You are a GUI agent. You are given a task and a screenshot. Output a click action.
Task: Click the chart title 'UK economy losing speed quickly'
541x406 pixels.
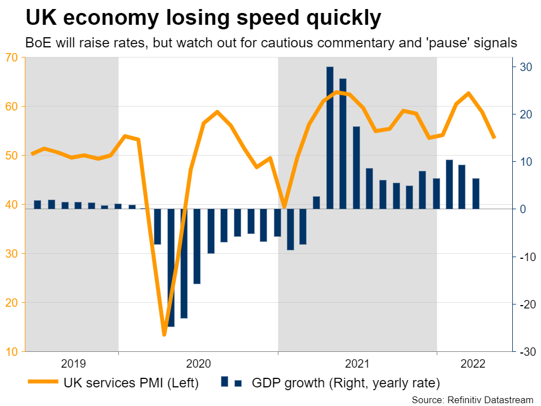coord(203,19)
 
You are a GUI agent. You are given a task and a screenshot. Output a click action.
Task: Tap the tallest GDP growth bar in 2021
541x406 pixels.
coord(330,138)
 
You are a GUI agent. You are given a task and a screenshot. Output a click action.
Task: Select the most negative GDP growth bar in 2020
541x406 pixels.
coord(171,267)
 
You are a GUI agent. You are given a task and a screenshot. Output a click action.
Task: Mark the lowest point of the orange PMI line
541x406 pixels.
coord(165,334)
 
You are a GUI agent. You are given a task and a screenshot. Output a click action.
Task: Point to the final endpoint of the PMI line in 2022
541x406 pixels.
coord(494,137)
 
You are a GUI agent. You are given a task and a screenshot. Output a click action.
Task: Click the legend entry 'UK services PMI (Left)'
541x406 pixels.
coord(131,383)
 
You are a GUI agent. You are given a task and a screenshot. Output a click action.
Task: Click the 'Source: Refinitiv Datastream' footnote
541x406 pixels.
coord(472,399)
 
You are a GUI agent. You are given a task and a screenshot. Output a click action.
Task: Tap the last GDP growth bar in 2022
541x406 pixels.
coord(476,193)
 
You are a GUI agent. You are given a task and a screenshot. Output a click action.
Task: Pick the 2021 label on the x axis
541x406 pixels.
coord(357,364)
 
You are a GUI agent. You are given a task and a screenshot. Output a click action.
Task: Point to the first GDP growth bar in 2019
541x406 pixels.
coord(38,204)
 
